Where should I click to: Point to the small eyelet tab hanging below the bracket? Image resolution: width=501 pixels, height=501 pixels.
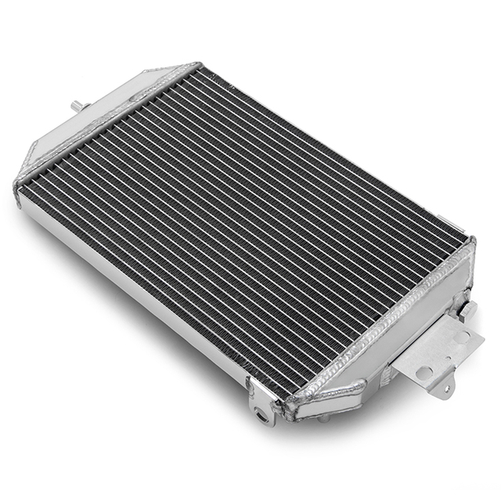tap(444, 387)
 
